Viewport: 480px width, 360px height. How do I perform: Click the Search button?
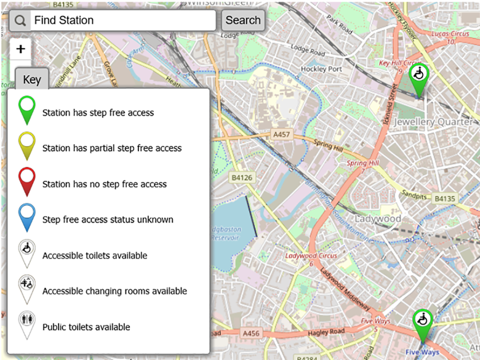[242, 20]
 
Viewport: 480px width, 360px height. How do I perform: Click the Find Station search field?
[123, 20]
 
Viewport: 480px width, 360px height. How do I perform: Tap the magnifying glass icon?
[20, 20]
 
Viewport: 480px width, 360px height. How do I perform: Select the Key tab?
[32, 79]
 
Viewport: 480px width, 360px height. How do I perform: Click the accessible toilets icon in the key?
[28, 252]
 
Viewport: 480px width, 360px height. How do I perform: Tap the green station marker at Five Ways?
[422, 324]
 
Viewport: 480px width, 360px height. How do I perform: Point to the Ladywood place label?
[378, 218]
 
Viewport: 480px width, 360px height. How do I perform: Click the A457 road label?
[281, 134]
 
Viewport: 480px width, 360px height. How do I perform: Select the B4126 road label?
[242, 177]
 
